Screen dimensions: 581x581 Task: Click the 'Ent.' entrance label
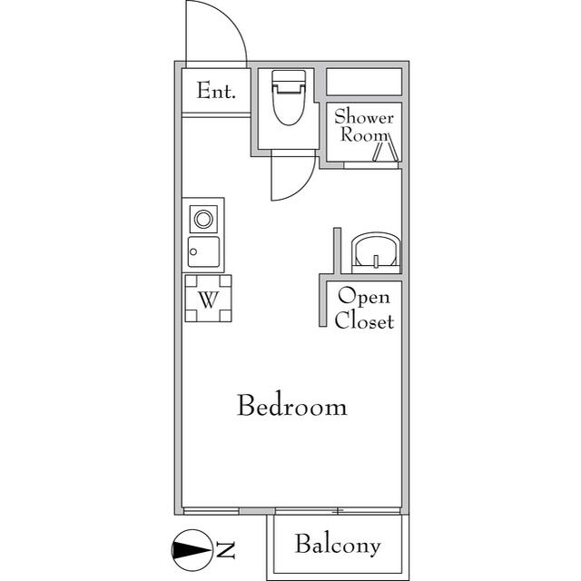[216, 91]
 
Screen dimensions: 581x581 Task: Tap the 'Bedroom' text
[291, 406]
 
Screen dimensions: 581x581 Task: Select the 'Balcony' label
[337, 546]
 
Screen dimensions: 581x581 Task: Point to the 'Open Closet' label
[364, 309]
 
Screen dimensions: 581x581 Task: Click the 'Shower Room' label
[363, 125]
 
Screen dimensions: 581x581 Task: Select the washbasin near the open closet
[375, 251]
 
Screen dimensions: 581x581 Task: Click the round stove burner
[203, 219]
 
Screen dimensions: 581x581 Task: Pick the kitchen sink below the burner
[203, 251]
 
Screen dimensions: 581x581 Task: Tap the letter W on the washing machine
[208, 300]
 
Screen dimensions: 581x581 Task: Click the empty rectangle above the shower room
[363, 82]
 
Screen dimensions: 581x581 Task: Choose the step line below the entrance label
[216, 114]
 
